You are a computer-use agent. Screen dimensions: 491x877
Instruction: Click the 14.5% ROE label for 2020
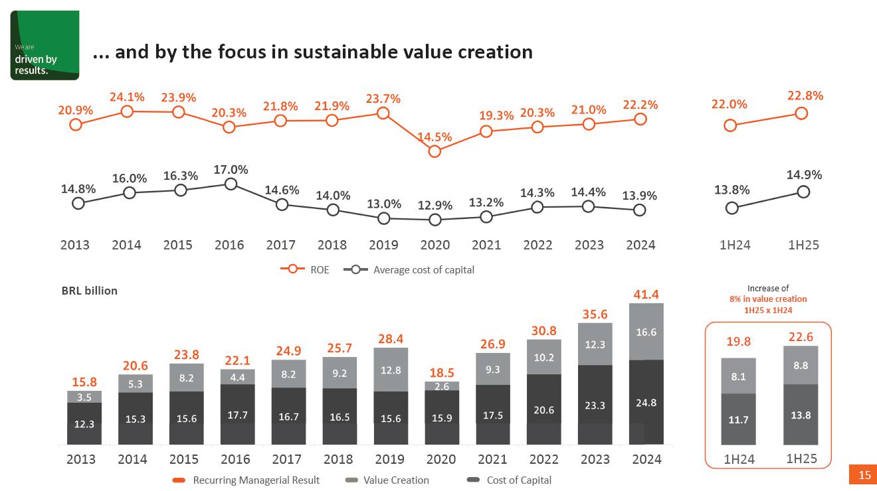tap(435, 137)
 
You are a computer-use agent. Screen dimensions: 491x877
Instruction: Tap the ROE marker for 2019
tap(383, 113)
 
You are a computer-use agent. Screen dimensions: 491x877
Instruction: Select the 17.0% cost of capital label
tap(231, 170)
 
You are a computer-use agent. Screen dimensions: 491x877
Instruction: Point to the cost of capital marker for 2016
tap(231, 184)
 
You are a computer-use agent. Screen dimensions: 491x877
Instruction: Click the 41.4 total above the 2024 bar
tap(646, 294)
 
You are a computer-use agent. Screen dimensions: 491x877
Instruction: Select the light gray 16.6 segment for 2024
tap(646, 332)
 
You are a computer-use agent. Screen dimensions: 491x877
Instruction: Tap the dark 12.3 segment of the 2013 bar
tap(84, 423)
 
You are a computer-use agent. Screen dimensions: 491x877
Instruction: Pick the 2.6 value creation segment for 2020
tap(442, 386)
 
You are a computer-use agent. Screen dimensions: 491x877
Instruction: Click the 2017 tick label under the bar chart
tap(286, 459)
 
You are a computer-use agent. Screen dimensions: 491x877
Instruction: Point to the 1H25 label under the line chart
tap(803, 245)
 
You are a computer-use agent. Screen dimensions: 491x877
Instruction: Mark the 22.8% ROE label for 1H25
tap(805, 96)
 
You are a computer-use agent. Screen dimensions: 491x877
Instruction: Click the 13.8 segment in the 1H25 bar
tap(801, 415)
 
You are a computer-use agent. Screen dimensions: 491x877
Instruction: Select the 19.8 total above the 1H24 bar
tap(738, 342)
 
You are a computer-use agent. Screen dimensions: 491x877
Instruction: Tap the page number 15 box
tap(864, 474)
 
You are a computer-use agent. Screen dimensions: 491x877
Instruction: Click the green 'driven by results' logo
tap(45, 45)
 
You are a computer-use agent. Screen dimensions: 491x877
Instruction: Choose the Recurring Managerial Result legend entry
tap(246, 480)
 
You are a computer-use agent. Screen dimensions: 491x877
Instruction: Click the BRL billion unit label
tap(89, 291)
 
